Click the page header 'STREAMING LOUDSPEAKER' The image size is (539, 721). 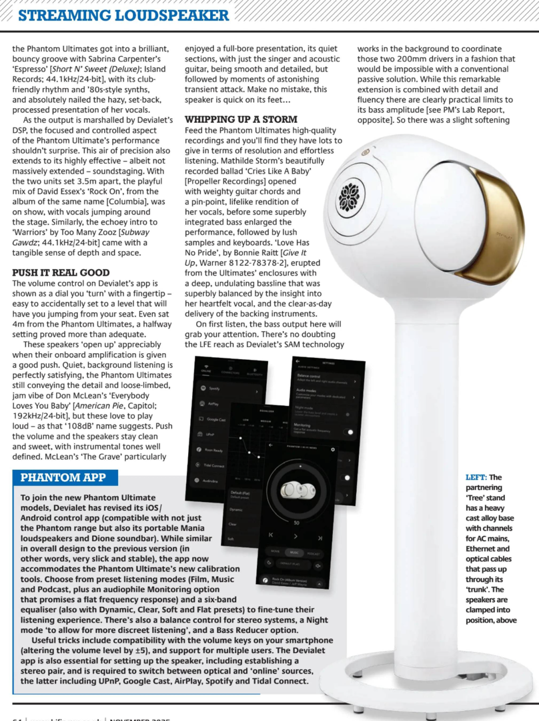(123, 15)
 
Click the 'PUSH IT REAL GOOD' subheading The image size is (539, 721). (61, 272)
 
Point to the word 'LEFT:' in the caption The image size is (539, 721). (476, 477)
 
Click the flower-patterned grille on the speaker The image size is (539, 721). (349, 196)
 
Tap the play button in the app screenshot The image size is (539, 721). (296, 537)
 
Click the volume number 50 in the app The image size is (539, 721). (296, 523)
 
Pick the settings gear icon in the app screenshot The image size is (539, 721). (332, 449)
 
